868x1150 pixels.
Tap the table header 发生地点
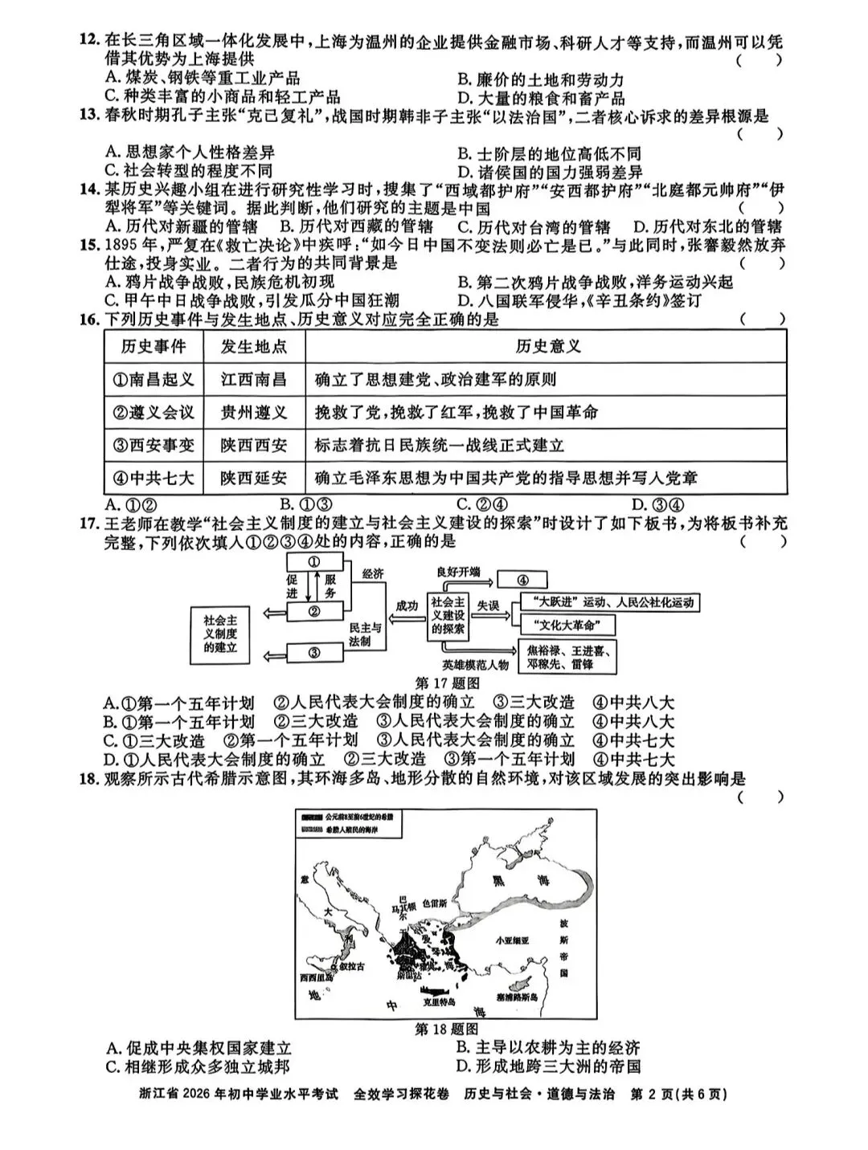point(253,347)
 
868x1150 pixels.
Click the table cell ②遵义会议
point(153,412)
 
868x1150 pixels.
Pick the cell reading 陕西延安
point(253,478)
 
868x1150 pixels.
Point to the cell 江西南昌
point(253,379)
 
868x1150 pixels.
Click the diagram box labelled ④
point(522,580)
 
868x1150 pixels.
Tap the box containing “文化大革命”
point(568,626)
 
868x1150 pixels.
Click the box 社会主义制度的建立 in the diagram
point(220,634)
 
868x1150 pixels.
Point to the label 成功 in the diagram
point(407,606)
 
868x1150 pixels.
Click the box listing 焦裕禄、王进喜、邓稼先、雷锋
point(567,656)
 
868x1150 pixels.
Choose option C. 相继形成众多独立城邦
point(198,1066)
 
